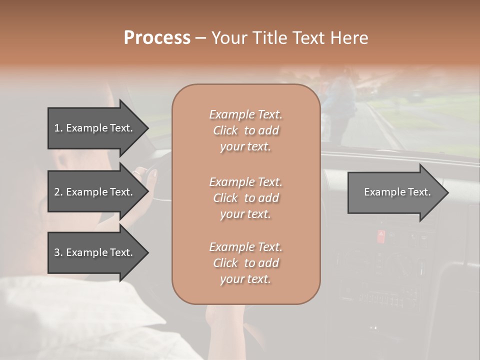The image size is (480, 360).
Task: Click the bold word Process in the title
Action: click(x=157, y=38)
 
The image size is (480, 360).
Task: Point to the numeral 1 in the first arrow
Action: click(x=57, y=128)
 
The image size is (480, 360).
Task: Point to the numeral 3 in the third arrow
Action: click(x=57, y=252)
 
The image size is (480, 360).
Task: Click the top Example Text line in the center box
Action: click(x=245, y=114)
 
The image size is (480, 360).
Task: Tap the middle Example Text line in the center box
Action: click(x=245, y=181)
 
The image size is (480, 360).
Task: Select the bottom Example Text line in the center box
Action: click(x=245, y=247)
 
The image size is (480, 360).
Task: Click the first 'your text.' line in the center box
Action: click(x=245, y=146)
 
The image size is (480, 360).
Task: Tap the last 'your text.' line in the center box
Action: click(x=245, y=279)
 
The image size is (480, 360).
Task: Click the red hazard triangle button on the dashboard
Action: click(x=381, y=233)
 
